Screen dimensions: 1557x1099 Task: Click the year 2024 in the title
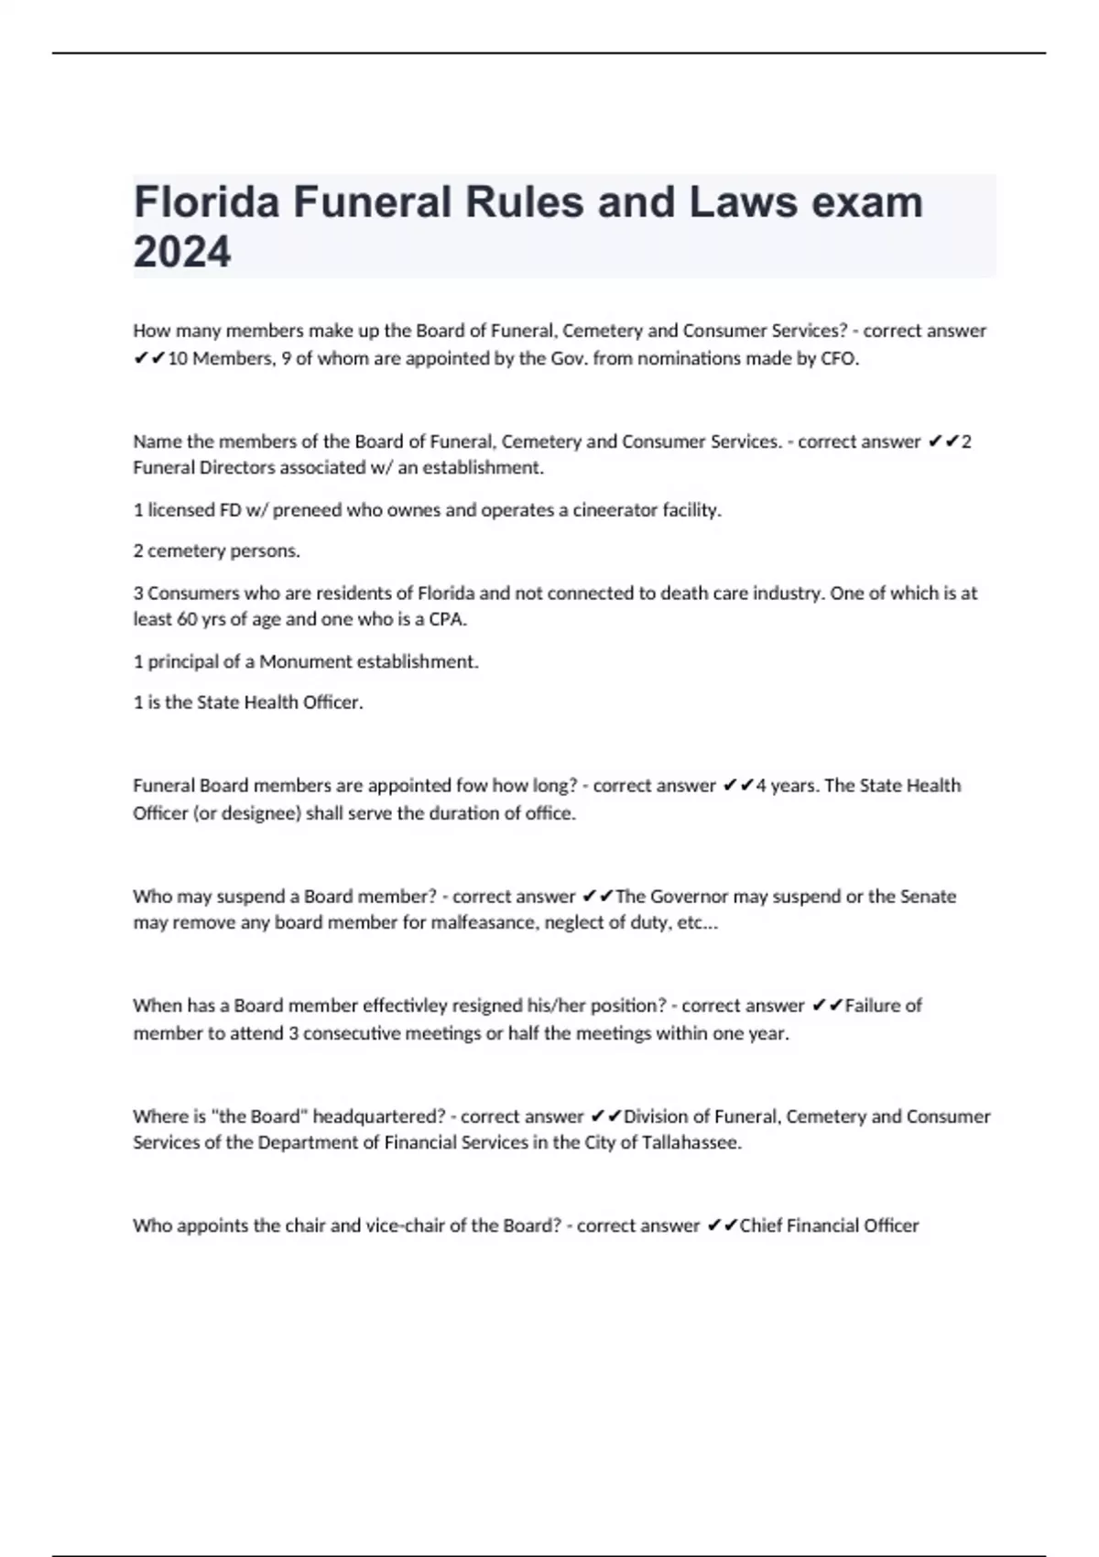[x=181, y=252]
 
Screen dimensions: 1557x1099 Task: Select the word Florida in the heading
[x=206, y=201]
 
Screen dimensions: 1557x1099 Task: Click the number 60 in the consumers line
[x=187, y=619]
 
